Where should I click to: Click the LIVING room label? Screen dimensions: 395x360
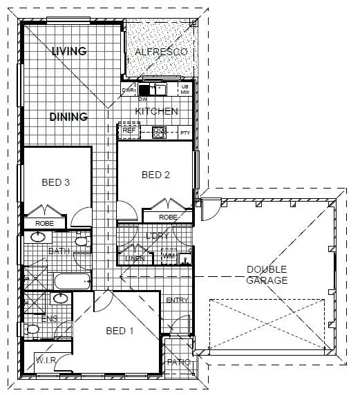68,51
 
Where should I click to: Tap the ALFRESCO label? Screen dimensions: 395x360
160,52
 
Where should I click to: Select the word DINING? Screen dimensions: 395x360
68,117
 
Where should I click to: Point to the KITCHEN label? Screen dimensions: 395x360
156,111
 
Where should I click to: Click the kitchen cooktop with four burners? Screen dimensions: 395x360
160,131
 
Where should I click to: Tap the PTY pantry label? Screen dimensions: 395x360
184,132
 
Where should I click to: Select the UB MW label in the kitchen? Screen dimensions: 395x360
184,88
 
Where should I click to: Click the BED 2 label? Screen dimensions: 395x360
155,175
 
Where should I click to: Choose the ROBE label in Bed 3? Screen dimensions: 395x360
45,224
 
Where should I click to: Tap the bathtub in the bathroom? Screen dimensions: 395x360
72,281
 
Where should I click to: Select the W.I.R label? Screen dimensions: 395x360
45,360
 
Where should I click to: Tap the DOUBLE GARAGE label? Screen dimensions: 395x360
266,275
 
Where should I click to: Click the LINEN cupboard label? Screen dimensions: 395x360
135,258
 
